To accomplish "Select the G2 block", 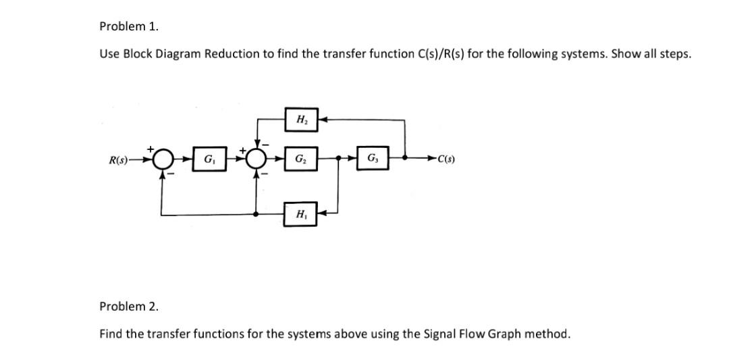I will tap(298, 160).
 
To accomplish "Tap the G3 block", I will tap(373, 160).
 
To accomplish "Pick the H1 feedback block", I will tap(298, 214).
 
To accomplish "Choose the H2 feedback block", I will tap(298, 120).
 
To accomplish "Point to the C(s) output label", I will tap(446, 160).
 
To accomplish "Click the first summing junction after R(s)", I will tap(161, 160).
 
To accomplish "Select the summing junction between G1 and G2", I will tap(256, 160).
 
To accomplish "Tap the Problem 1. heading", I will tap(128, 26).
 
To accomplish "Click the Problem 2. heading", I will tap(128, 306).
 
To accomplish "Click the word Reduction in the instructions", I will tap(232, 54).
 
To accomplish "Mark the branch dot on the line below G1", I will tap(256, 214).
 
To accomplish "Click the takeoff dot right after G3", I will tap(404, 160).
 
